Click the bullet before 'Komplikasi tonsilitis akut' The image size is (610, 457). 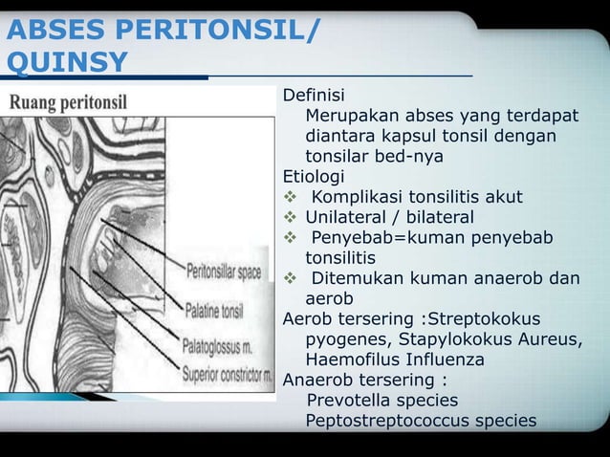[x=292, y=197]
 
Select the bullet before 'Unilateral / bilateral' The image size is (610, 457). [x=292, y=217]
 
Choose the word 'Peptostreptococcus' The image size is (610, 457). [x=393, y=421]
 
